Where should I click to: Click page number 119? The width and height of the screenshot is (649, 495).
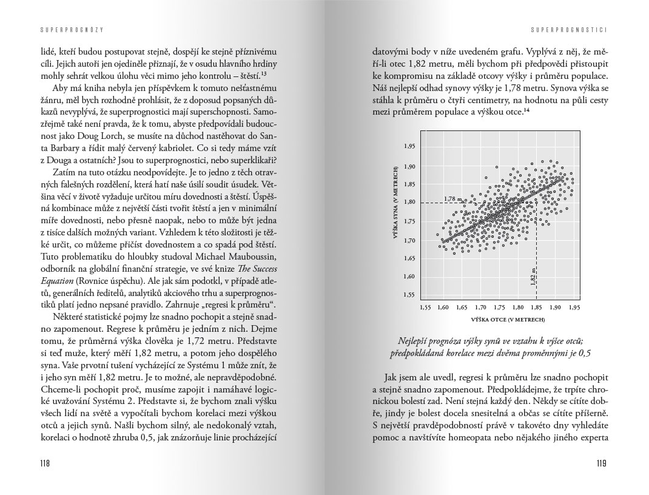point(601,463)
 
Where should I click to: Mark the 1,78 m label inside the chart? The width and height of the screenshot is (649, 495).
point(452,198)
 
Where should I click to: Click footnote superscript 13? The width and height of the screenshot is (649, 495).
point(264,74)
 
